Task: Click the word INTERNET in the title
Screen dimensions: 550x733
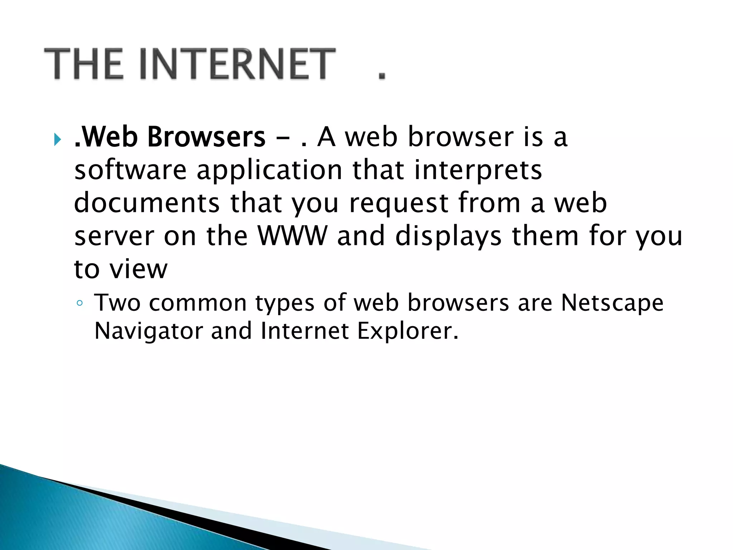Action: (x=238, y=64)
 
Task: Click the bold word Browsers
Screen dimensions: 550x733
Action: (x=207, y=137)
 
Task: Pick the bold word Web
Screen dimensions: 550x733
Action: (x=109, y=137)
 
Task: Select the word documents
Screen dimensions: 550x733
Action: (x=147, y=203)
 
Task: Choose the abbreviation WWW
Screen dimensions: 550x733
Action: (x=292, y=236)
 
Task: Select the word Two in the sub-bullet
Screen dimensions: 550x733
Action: (x=117, y=303)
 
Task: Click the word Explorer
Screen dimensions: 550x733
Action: (x=408, y=332)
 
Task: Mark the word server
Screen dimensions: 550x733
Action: (x=114, y=236)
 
